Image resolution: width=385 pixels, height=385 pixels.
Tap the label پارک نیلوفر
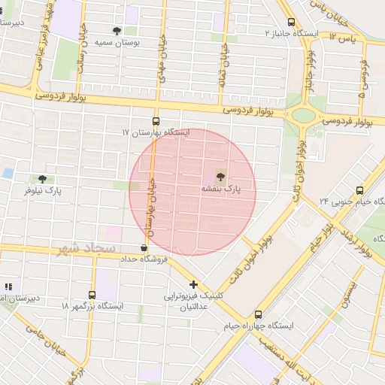tap(42, 192)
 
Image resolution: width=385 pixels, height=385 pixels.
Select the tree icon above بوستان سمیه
tap(117, 31)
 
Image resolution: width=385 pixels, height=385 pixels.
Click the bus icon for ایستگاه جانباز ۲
tap(291, 23)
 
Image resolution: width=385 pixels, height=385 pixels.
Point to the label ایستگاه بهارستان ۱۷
tap(156, 132)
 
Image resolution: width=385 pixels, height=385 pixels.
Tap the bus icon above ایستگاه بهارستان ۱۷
tap(156, 120)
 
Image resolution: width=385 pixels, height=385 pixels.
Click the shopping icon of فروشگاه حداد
tap(143, 247)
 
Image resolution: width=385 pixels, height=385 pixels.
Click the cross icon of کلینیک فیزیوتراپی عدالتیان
tap(194, 284)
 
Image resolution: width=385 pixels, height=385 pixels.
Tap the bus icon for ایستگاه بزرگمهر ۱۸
tap(92, 295)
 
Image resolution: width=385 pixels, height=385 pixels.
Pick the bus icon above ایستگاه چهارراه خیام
tap(259, 314)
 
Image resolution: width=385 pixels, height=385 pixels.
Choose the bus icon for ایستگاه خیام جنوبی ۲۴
tap(359, 190)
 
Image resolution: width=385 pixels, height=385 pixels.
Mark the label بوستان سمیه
tap(119, 43)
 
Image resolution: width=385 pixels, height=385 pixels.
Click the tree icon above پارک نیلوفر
tap(42, 179)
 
